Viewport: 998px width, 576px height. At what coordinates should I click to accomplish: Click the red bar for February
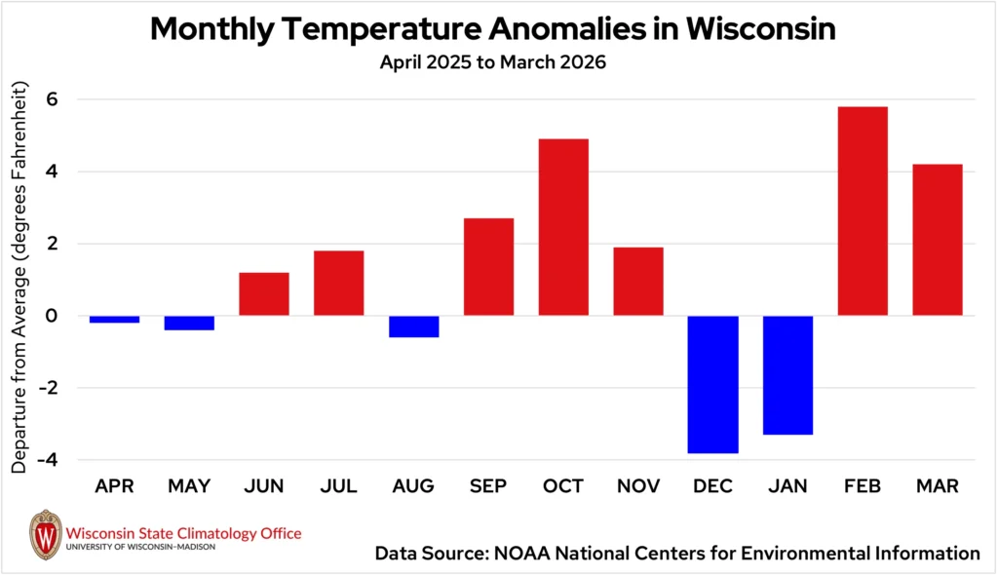pos(863,211)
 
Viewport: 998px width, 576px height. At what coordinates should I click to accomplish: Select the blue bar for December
pos(712,384)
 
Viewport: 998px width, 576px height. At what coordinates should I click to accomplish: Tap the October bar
pos(563,227)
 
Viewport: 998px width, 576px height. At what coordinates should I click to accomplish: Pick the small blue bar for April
pos(114,319)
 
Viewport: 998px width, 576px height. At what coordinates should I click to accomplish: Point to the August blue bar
pos(413,326)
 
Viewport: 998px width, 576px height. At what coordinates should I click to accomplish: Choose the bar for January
pos(787,375)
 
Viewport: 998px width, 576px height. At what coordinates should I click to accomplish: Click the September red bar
pos(488,266)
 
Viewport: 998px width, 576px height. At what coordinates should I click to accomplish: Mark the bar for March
pos(938,240)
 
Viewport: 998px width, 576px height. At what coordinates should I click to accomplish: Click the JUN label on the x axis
pos(264,485)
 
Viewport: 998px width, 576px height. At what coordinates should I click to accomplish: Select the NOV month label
pos(638,485)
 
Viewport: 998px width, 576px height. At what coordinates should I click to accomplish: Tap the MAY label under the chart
pos(189,485)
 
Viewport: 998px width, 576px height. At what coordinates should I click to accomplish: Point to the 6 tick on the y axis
pos(52,99)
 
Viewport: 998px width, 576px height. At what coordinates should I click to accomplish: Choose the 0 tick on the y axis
pos(52,316)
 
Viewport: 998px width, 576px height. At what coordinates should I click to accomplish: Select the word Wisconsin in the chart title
pos(760,29)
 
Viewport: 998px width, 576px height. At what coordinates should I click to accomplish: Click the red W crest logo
pos(45,534)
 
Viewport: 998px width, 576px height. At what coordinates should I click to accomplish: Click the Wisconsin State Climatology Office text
pos(183,533)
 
